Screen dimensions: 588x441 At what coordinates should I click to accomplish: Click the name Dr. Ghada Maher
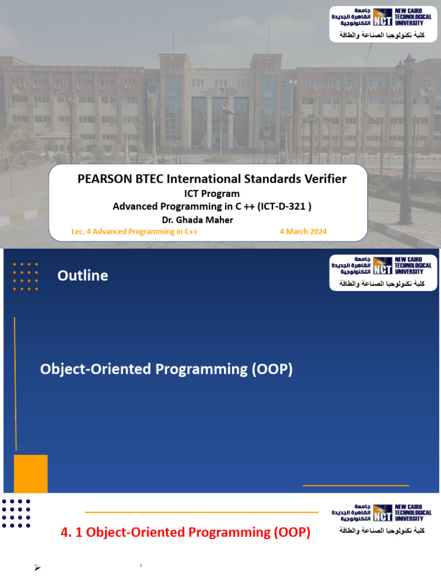(x=198, y=219)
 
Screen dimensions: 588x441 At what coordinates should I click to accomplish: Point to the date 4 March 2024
(x=303, y=231)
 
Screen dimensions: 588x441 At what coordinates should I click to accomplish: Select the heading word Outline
(x=83, y=276)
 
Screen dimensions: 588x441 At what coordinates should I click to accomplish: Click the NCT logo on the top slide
(x=383, y=17)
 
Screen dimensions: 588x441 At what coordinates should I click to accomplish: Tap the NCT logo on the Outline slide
(x=383, y=266)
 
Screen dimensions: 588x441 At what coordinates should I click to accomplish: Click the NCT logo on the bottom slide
(x=383, y=513)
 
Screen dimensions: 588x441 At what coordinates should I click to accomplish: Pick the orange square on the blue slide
(x=30, y=473)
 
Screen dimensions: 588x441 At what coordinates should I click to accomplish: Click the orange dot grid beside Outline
(x=25, y=277)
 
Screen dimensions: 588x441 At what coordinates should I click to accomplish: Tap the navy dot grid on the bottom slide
(x=16, y=513)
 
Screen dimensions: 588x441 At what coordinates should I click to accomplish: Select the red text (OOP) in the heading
(x=292, y=533)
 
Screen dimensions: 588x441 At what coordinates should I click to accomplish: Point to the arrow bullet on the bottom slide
(x=37, y=568)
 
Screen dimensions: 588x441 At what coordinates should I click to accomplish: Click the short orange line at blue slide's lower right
(x=355, y=486)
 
